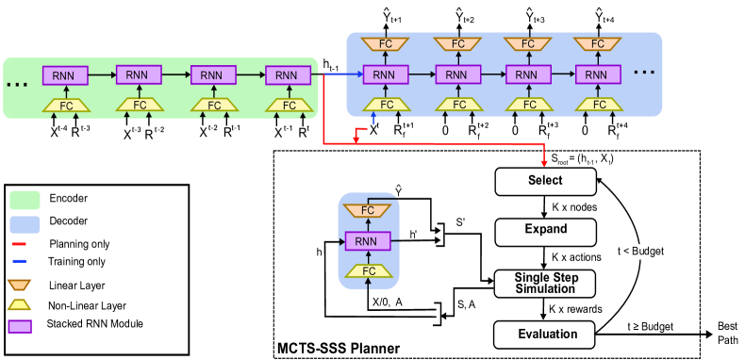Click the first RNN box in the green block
(x=65, y=75)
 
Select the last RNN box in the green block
(x=288, y=75)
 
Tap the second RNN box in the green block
(x=139, y=74)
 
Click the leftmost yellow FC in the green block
(x=66, y=106)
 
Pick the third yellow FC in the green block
(x=214, y=106)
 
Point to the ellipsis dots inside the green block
(x=17, y=85)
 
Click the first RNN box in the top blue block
(x=386, y=74)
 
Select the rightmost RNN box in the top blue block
(x=598, y=74)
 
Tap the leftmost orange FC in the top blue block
(x=386, y=44)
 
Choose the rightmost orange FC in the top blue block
(x=598, y=44)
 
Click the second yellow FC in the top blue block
(x=459, y=105)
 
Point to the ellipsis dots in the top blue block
(x=644, y=73)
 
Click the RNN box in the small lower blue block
(x=368, y=241)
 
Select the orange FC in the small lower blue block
(x=368, y=210)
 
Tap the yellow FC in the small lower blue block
(x=369, y=271)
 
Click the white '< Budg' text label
(x=639, y=252)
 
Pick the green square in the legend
(x=25, y=200)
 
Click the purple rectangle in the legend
(x=20, y=327)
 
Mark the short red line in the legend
(x=19, y=244)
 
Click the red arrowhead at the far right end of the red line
(x=544, y=163)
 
